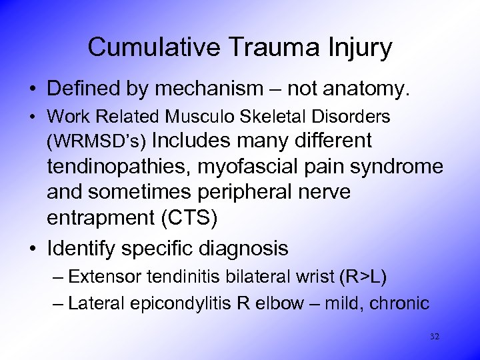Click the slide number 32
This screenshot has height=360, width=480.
pyautogui.click(x=435, y=337)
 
